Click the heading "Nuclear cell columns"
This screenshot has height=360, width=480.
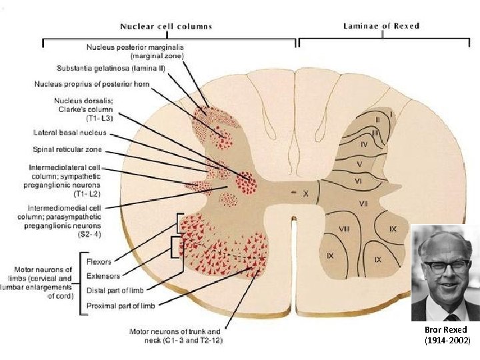166,26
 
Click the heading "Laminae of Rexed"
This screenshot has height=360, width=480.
381,26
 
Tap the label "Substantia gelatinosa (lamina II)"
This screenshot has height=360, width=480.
111,68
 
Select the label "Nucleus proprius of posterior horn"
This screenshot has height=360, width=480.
92,84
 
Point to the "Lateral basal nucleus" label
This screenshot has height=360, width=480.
70,133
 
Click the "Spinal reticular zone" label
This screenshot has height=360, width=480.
67,150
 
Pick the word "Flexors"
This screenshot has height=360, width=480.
99,262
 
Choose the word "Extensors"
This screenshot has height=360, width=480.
103,276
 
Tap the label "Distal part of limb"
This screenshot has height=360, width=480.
115,290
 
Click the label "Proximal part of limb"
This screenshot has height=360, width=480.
121,305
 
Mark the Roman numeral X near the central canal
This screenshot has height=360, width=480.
305,193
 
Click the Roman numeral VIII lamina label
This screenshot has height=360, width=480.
344,229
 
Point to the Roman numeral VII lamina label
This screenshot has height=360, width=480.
363,203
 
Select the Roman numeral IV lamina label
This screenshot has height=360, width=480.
364,144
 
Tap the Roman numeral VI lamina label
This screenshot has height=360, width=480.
358,181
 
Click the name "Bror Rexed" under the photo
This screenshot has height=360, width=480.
446,330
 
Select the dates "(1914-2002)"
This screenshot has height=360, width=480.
447,341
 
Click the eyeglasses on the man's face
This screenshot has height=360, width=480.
446,266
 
